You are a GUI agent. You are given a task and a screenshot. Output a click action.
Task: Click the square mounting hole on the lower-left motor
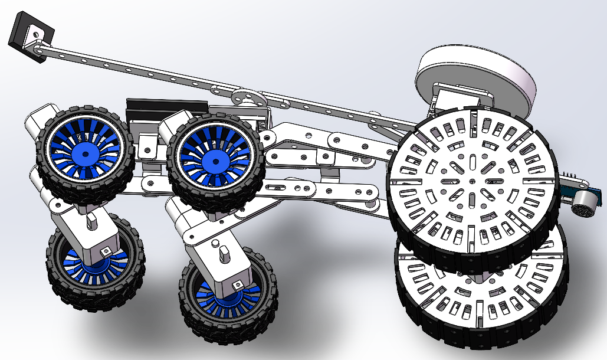pyautogui.click(x=106, y=251)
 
